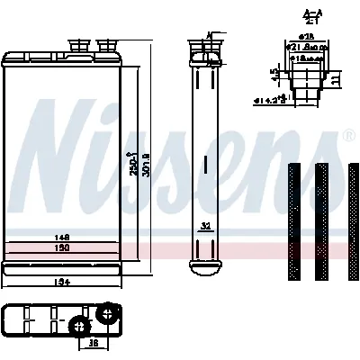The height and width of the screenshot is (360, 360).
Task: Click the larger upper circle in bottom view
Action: pyautogui.click(x=109, y=313)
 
